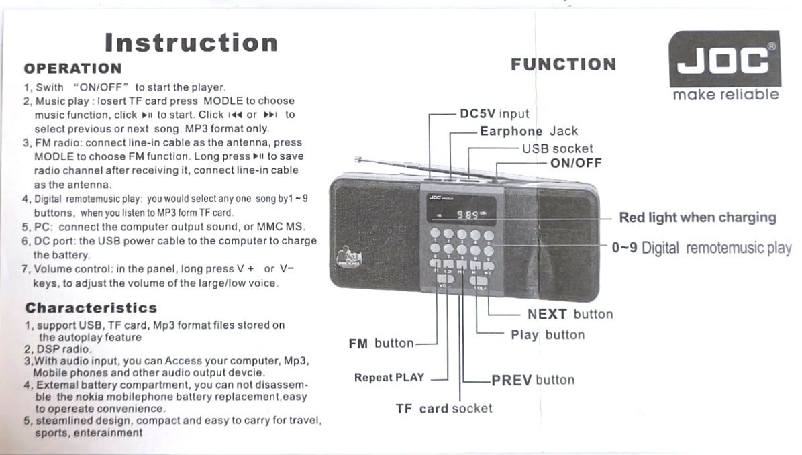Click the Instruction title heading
pyautogui.click(x=191, y=42)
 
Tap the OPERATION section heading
pyautogui.click(x=72, y=68)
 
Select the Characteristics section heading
pyautogui.click(x=91, y=308)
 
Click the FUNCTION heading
pyautogui.click(x=563, y=64)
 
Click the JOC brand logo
pyautogui.click(x=725, y=61)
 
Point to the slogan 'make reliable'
pyautogui.click(x=725, y=95)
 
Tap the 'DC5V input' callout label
pyautogui.click(x=494, y=114)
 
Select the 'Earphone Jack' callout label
pyautogui.click(x=528, y=132)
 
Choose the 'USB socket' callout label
pyautogui.click(x=558, y=148)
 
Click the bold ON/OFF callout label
pyautogui.click(x=576, y=163)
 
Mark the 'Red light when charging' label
pyautogui.click(x=697, y=217)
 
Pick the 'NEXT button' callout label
pyautogui.click(x=570, y=314)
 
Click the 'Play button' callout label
pyautogui.click(x=548, y=335)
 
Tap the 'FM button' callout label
pyautogui.click(x=381, y=344)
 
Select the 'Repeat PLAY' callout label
pyautogui.click(x=389, y=378)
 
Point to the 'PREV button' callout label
pyautogui.click(x=533, y=380)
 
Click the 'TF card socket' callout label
pyautogui.click(x=444, y=409)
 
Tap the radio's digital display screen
pyautogui.click(x=462, y=214)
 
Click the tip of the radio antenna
pyautogui.click(x=358, y=159)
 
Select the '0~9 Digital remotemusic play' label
pyautogui.click(x=701, y=248)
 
